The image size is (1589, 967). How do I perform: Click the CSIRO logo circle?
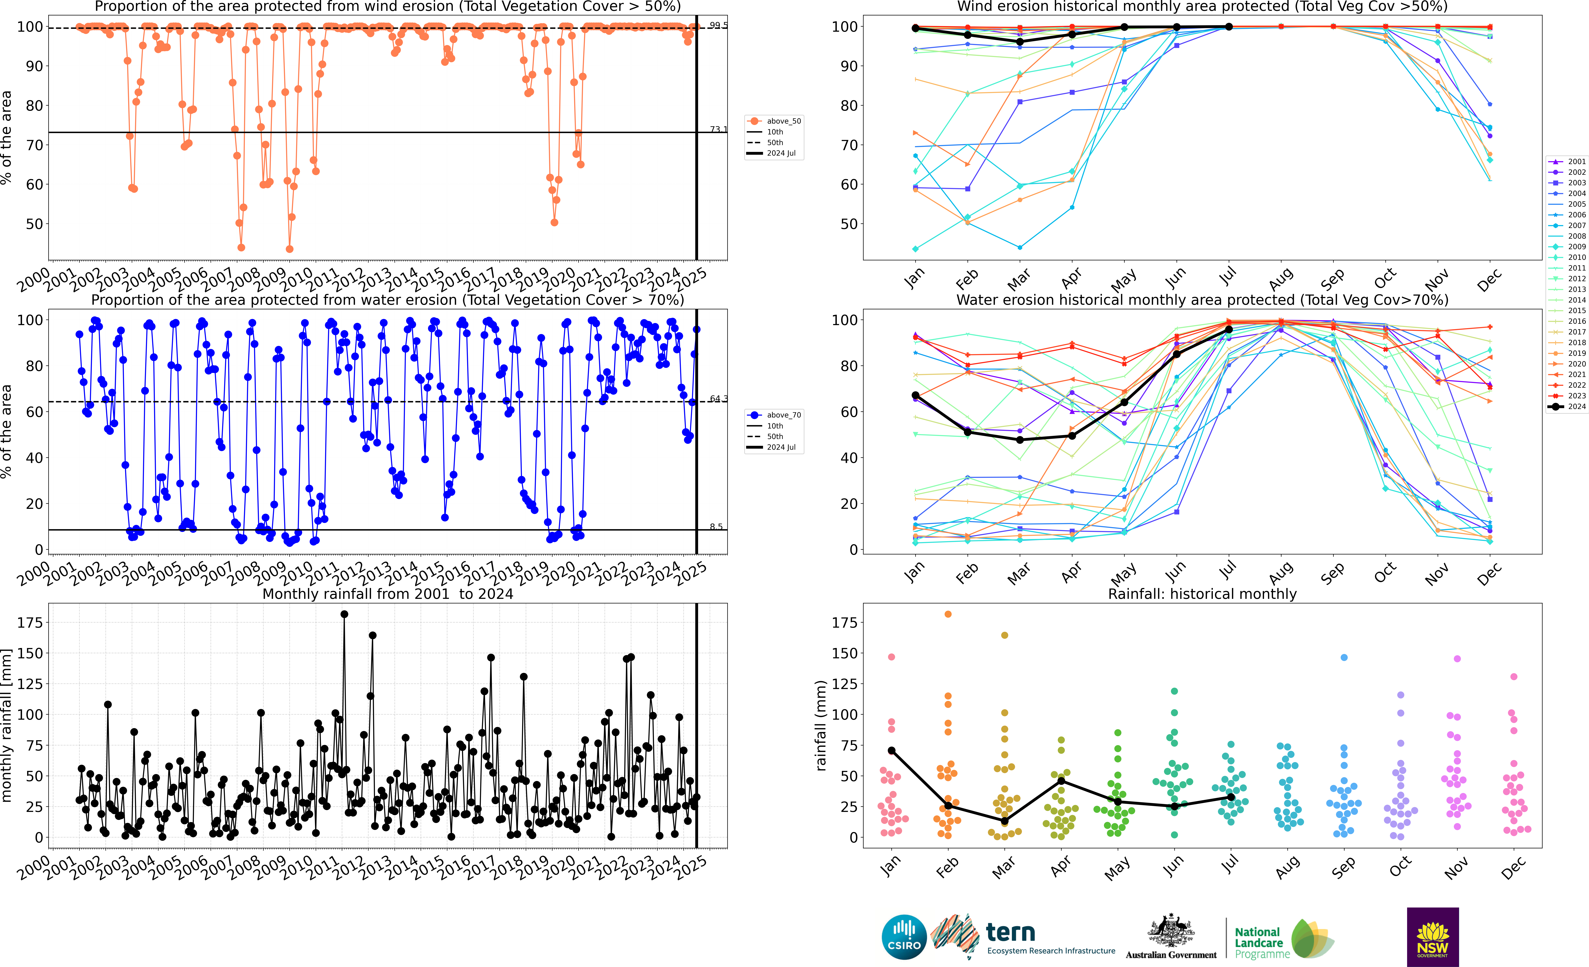904,937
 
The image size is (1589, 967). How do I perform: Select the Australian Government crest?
1170,932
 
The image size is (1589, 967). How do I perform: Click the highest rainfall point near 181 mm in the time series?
344,614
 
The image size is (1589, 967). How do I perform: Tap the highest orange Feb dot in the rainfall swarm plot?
948,614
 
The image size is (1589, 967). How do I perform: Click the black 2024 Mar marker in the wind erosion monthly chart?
1020,42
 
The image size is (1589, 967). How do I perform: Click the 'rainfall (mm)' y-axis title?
821,725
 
